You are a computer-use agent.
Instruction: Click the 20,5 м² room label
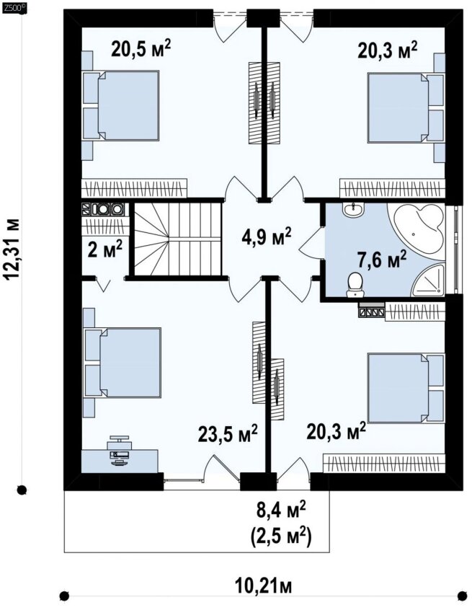(141, 49)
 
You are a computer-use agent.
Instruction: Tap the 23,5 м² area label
(228, 433)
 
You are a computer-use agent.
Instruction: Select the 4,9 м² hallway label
(266, 237)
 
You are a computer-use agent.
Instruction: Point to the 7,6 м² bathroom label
(382, 260)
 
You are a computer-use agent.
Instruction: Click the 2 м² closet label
(104, 249)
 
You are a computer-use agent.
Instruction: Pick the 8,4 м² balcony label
(280, 510)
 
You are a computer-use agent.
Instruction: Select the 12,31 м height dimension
(12, 249)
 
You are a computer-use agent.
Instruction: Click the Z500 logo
(14, 6)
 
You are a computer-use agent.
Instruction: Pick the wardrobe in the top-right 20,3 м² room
(392, 188)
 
